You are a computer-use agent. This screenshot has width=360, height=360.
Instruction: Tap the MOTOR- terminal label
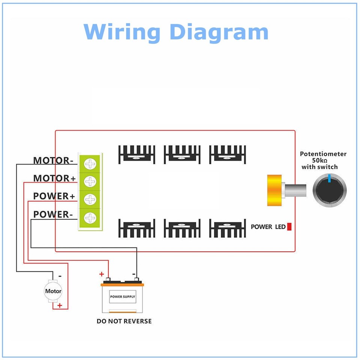53,160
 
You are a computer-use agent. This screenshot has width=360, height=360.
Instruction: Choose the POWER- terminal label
53,214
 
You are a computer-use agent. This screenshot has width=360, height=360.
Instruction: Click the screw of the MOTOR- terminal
90,163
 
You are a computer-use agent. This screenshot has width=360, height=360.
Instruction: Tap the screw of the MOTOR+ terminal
90,181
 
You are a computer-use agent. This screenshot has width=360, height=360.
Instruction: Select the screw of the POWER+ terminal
90,199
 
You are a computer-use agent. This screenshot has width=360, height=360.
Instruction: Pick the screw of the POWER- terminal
90,217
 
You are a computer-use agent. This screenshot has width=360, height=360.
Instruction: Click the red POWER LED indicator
289,226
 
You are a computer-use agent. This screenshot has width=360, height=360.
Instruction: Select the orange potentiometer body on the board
273,190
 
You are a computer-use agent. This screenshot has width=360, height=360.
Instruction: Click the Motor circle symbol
53,291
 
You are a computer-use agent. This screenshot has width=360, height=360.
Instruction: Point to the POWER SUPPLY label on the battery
123,297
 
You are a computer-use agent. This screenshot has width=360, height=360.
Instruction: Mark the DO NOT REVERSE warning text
124,321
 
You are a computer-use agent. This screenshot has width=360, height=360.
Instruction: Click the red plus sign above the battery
101,274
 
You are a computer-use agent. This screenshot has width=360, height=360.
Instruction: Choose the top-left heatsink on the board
136,155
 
